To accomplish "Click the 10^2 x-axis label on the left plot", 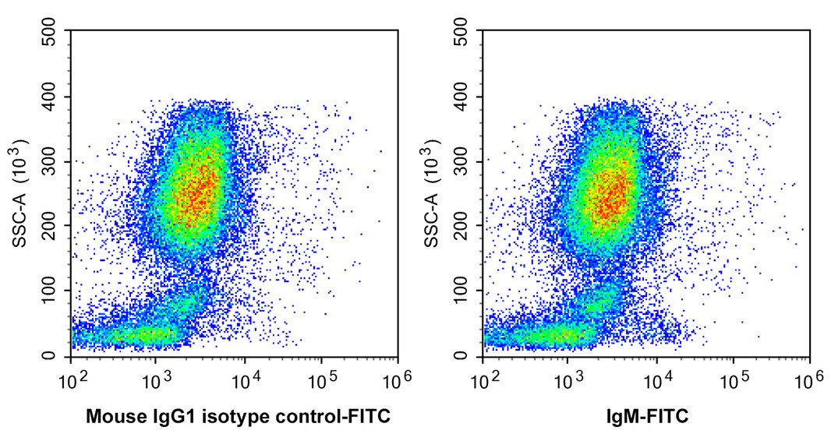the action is pyautogui.click(x=71, y=379).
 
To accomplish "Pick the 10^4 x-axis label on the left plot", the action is pyautogui.click(x=244, y=379).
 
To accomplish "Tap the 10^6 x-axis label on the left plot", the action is pyautogui.click(x=398, y=379).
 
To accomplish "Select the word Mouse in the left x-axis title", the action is pyautogui.click(x=109, y=417).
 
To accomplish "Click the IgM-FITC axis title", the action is pyautogui.click(x=647, y=417).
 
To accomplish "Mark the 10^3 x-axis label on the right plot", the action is pyautogui.click(x=567, y=379).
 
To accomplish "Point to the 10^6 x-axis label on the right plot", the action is pyautogui.click(x=810, y=379).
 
